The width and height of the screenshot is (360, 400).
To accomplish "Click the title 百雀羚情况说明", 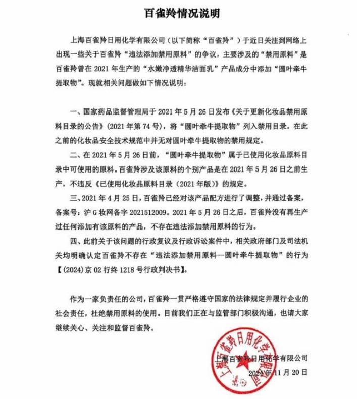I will click(180, 11).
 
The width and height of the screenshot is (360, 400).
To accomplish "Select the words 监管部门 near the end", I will click(238, 315).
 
